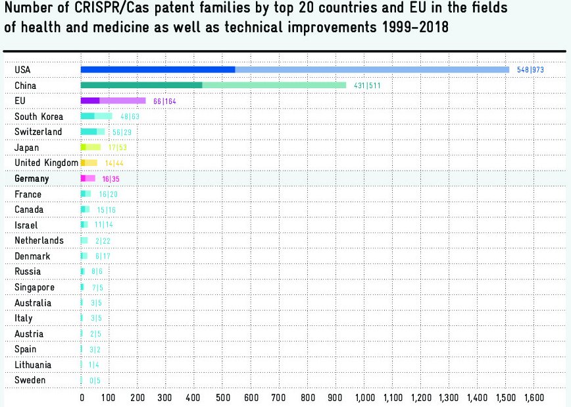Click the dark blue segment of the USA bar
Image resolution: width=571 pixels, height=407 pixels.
click(x=158, y=69)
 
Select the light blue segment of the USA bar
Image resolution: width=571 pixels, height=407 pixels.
click(x=372, y=69)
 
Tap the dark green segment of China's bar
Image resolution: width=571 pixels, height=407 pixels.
click(x=141, y=85)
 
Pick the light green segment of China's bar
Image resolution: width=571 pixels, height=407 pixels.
click(x=274, y=85)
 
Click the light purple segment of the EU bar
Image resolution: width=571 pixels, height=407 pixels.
click(x=123, y=101)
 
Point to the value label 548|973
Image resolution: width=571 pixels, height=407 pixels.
click(x=530, y=70)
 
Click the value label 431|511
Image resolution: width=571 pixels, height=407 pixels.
click(x=368, y=86)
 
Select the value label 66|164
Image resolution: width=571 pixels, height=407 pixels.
click(x=164, y=101)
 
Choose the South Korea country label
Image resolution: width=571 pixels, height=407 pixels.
click(x=39, y=117)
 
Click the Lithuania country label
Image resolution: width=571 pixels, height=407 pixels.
click(x=33, y=365)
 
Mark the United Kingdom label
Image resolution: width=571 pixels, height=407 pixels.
click(x=46, y=163)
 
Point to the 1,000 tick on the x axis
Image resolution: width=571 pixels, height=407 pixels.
click(x=364, y=398)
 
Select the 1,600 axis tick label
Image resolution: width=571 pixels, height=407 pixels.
click(x=534, y=398)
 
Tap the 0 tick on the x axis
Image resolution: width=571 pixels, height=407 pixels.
click(x=82, y=398)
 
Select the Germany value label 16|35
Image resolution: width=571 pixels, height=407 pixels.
click(x=111, y=179)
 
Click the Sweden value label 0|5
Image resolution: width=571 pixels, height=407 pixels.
click(x=95, y=381)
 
